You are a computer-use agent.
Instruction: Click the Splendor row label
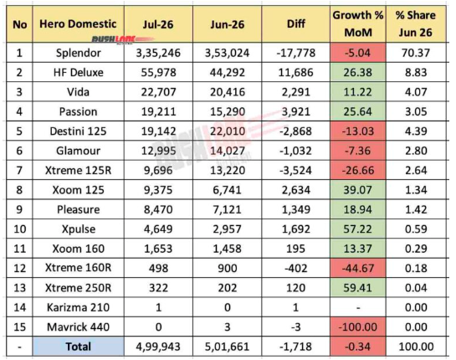tap(78, 53)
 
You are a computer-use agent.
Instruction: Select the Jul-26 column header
tap(158, 24)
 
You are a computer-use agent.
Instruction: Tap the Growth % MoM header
tap(358, 23)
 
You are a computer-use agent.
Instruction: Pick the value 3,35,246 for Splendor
tap(158, 53)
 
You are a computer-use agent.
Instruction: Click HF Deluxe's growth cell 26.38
tap(358, 72)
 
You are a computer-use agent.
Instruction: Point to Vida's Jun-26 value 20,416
tap(227, 92)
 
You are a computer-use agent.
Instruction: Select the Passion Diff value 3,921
tap(295, 111)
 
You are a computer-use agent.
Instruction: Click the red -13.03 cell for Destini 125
tap(358, 131)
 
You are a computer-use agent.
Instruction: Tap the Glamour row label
tap(78, 151)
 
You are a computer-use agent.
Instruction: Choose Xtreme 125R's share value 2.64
tap(416, 170)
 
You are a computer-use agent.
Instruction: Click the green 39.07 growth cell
tap(358, 190)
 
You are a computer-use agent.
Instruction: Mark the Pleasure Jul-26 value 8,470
tap(158, 209)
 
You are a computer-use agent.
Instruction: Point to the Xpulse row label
tap(78, 229)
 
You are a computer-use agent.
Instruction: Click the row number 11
tap(19, 249)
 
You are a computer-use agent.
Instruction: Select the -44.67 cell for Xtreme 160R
tap(358, 268)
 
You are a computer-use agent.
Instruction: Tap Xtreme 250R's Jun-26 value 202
tap(227, 288)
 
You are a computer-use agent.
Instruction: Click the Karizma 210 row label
tap(78, 307)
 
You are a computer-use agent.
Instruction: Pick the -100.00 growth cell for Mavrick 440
tap(358, 327)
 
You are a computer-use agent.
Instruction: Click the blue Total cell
tap(78, 347)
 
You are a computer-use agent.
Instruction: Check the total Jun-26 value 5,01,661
tap(227, 347)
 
